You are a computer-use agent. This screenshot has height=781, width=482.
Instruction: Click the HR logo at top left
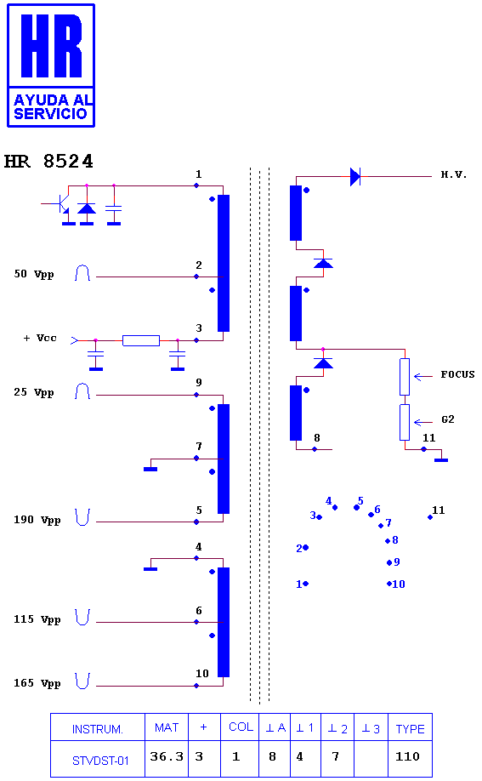51,66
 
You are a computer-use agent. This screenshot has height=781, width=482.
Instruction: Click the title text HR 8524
48,162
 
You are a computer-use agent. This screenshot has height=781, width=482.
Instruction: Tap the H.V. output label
454,174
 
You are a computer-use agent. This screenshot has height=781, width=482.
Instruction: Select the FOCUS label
457,374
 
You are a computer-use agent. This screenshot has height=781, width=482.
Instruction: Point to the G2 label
448,419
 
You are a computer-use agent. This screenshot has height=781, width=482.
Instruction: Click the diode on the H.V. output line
355,176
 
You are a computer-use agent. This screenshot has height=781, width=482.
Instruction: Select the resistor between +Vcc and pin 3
141,340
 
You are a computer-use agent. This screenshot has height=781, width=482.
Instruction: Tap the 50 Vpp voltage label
34,274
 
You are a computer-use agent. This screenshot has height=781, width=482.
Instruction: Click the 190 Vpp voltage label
37,520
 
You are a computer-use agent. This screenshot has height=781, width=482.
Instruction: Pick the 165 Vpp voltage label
37,683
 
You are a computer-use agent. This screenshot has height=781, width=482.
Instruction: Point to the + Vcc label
40,339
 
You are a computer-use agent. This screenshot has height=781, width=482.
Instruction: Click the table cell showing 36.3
167,756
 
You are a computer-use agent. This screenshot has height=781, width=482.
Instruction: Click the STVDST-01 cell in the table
100,761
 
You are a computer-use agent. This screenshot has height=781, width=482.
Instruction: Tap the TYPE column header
411,729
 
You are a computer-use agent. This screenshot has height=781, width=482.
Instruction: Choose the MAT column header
167,727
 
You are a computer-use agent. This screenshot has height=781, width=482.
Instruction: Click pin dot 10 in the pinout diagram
389,584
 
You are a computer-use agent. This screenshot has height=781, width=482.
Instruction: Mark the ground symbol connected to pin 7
150,470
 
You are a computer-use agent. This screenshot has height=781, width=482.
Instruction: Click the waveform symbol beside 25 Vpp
82,391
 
